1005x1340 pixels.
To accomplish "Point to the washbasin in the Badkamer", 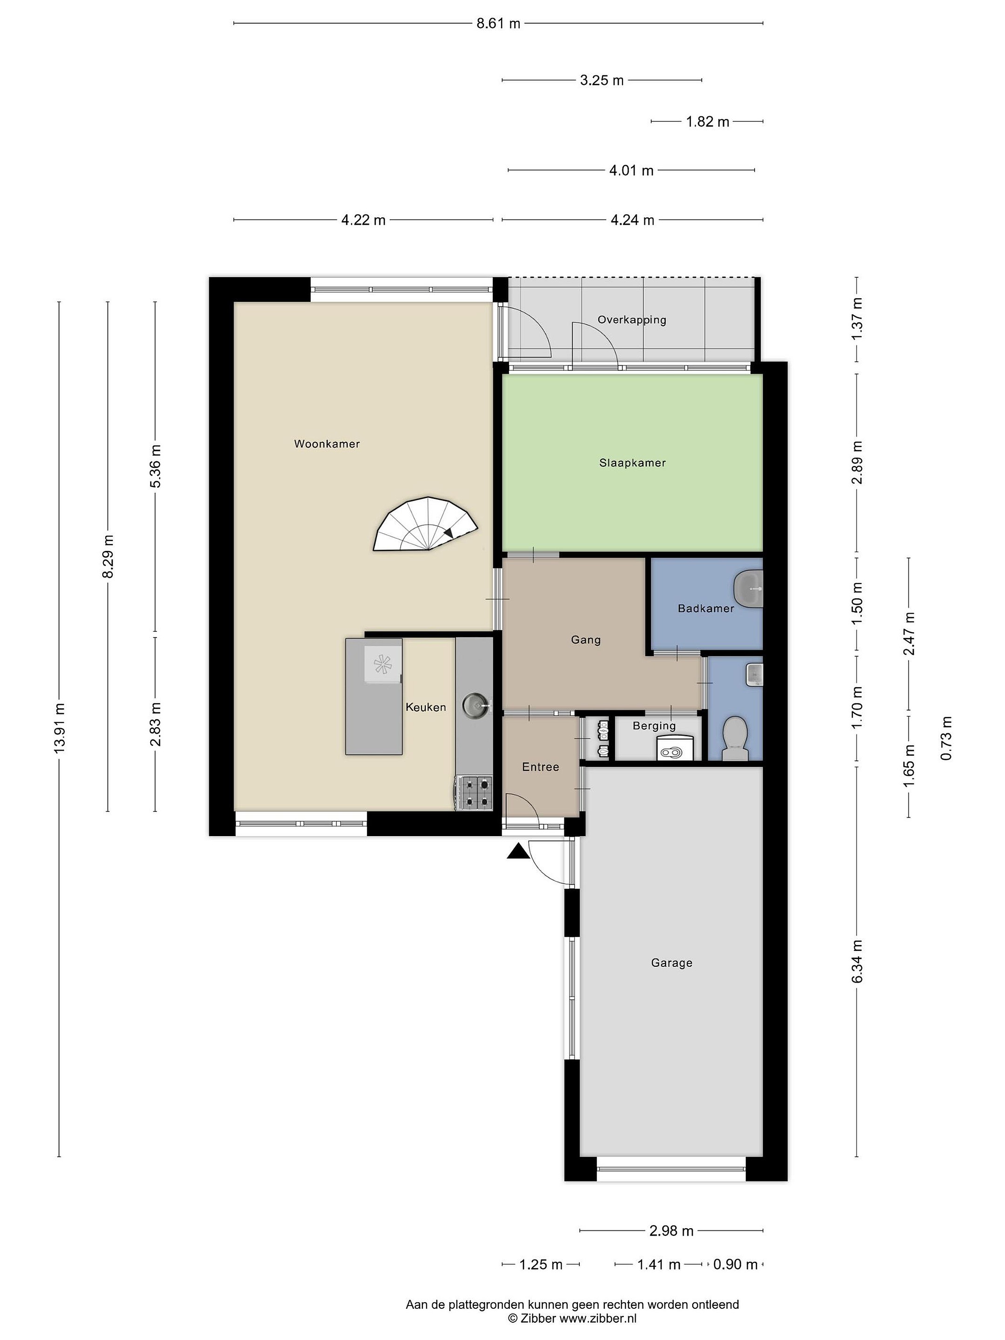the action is pyautogui.click(x=749, y=588).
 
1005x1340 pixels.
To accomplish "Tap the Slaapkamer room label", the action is pyautogui.click(x=632, y=463).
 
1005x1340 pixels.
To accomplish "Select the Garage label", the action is pyautogui.click(x=671, y=963).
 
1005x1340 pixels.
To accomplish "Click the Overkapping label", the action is pyautogui.click(x=631, y=320).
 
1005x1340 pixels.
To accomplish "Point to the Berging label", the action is pyautogui.click(x=654, y=726).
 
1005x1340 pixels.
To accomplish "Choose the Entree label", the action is pyautogui.click(x=540, y=767).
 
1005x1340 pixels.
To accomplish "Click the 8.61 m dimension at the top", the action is pyautogui.click(x=498, y=24).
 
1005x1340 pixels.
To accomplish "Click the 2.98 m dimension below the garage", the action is pyautogui.click(x=671, y=1230).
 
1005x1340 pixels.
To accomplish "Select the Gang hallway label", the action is pyautogui.click(x=586, y=640).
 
